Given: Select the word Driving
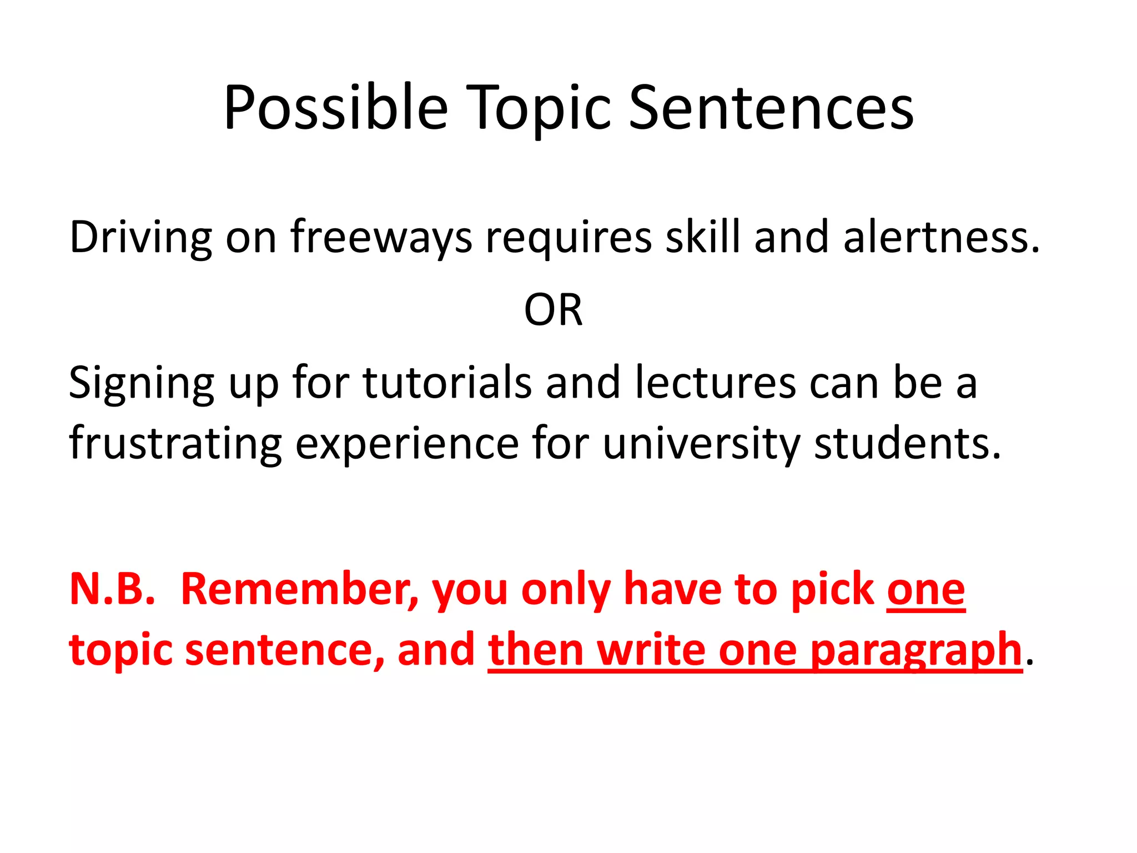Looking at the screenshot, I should tap(140, 238).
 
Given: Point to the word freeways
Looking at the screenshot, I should tap(381, 238).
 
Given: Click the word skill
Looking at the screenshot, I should tap(703, 237).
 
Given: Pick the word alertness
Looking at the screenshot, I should tap(940, 238).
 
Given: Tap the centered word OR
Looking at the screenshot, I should tap(554, 310).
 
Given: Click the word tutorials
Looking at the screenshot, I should tap(447, 383).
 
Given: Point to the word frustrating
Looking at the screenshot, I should tap(175, 444).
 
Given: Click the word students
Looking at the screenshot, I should tap(907, 444).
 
